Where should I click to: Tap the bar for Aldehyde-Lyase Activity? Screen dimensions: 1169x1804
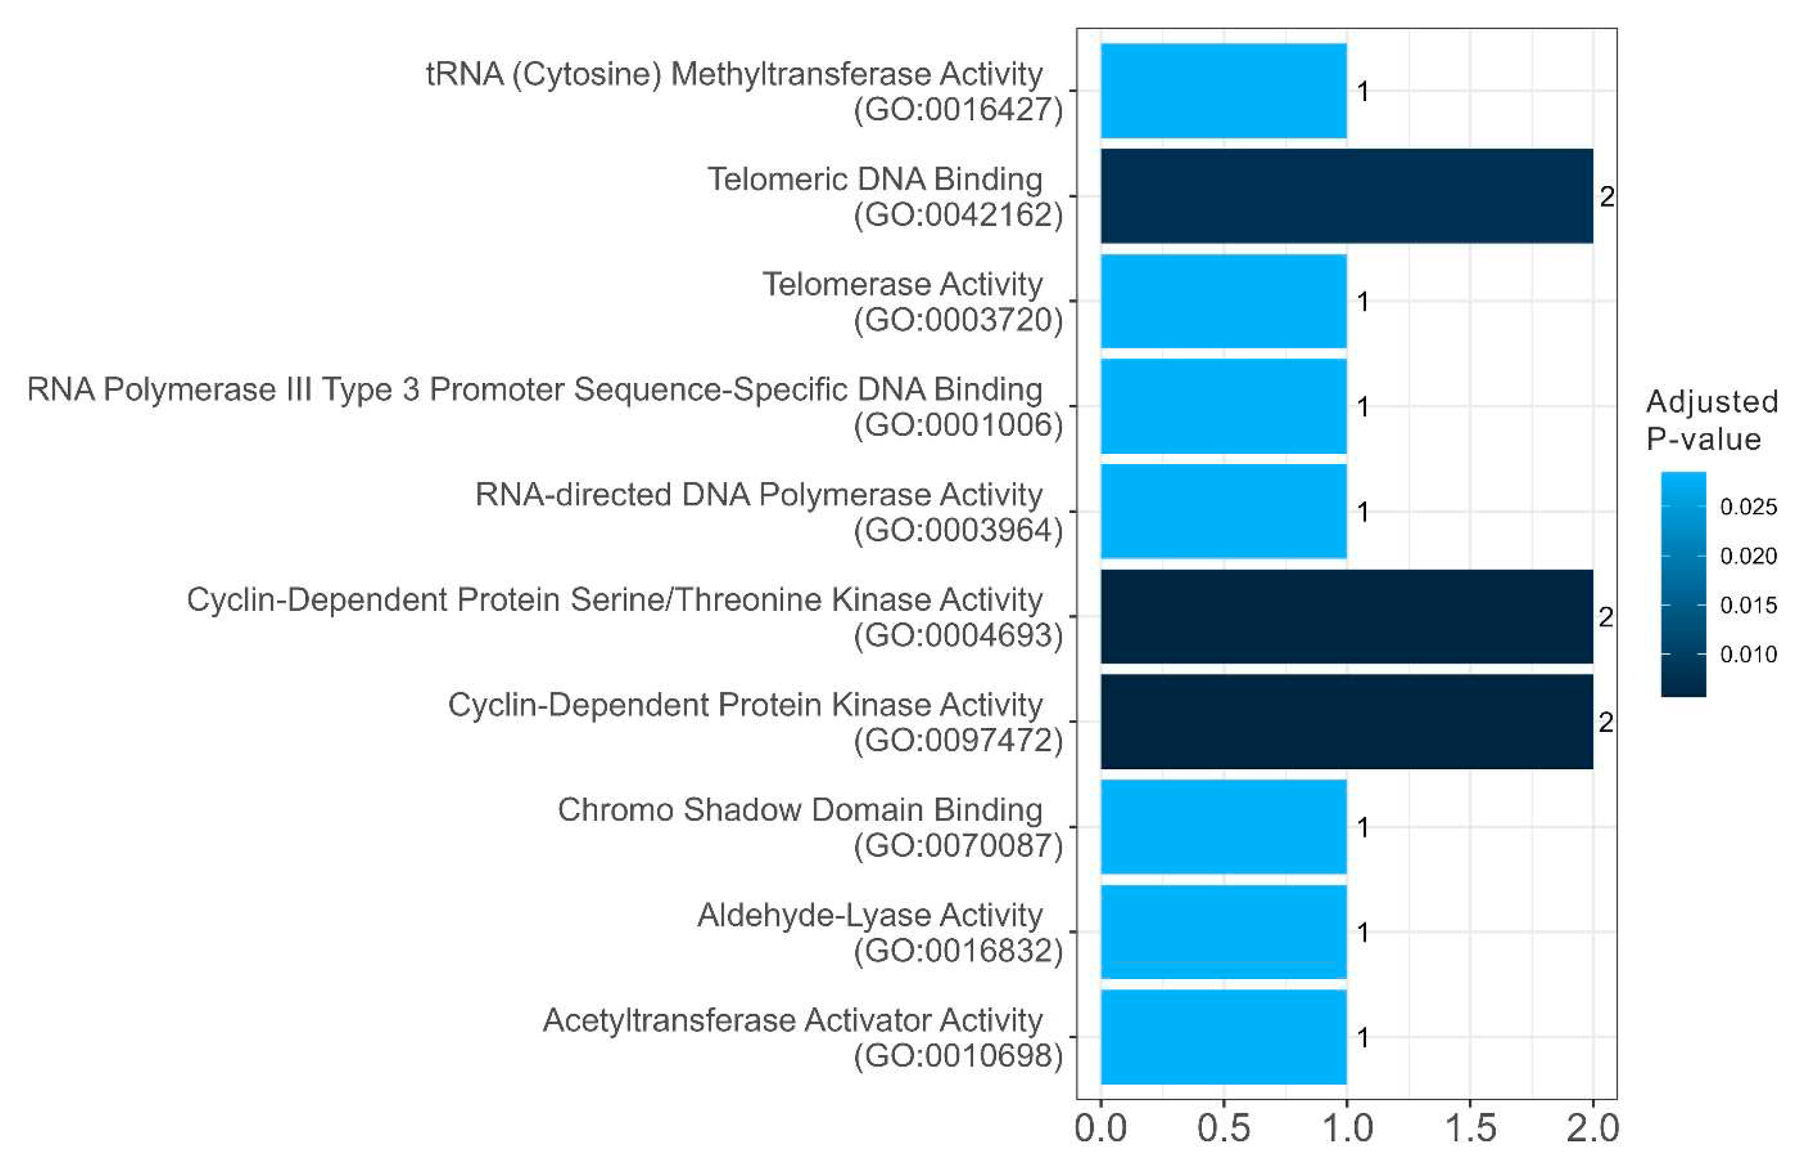pyautogui.click(x=1223, y=931)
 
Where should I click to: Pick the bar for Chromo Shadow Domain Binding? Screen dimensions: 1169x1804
pyautogui.click(x=1223, y=826)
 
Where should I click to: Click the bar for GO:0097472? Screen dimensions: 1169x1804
pyautogui.click(x=1346, y=721)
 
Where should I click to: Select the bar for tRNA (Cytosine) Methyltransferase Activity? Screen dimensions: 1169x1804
pyautogui.click(x=1223, y=91)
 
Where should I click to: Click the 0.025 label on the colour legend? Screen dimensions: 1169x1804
pyautogui.click(x=1748, y=507)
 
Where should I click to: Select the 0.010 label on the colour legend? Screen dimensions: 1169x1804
pyautogui.click(x=1748, y=654)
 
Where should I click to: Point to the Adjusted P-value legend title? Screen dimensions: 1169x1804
pyautogui.click(x=1712, y=420)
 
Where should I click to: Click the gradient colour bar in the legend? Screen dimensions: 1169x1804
pyautogui.click(x=1683, y=583)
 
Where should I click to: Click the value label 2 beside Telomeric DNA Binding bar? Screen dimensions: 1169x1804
pyautogui.click(x=1607, y=197)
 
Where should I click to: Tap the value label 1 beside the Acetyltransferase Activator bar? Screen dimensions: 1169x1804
pyautogui.click(x=1363, y=1037)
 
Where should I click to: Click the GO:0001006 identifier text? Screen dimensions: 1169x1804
pyautogui.click(x=958, y=425)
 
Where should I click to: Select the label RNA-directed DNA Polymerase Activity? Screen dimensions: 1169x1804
pyautogui.click(x=758, y=494)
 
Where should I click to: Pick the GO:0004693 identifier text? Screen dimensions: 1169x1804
pyautogui.click(x=958, y=635)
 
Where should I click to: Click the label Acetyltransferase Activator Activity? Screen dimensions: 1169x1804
pyautogui.click(x=792, y=1020)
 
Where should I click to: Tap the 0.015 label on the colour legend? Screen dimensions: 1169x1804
pyautogui.click(x=1748, y=605)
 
